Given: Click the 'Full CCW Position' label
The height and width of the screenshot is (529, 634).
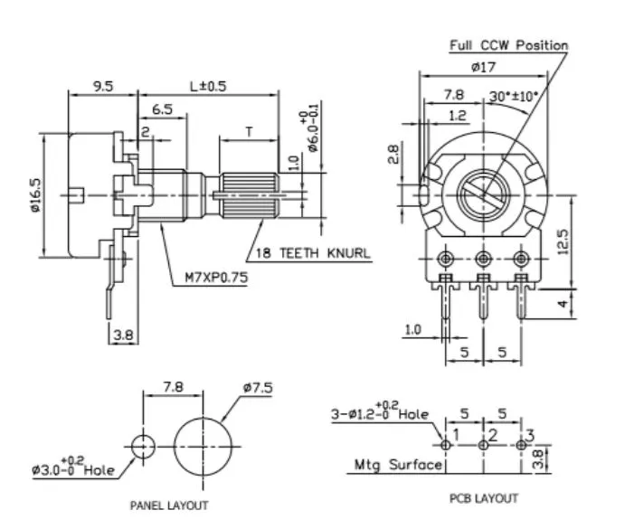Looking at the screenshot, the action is (x=509, y=45).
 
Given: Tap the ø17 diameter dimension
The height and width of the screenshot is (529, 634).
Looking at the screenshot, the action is (x=483, y=66).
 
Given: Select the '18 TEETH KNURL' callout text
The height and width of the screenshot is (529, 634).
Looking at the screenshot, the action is (x=313, y=253).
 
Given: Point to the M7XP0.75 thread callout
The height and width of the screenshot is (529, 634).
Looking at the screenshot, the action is (x=216, y=278).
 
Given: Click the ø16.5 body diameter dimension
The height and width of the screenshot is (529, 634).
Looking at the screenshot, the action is (x=35, y=195).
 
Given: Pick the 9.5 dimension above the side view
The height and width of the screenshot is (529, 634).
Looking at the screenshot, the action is (x=103, y=86).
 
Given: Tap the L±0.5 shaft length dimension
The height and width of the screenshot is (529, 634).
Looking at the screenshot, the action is (x=208, y=86).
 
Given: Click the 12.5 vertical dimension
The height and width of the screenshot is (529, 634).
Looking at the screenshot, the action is (x=563, y=241).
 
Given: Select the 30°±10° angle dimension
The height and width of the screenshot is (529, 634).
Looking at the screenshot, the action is (x=514, y=96).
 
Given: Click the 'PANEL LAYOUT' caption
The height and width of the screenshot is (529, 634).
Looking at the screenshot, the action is (x=169, y=505).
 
